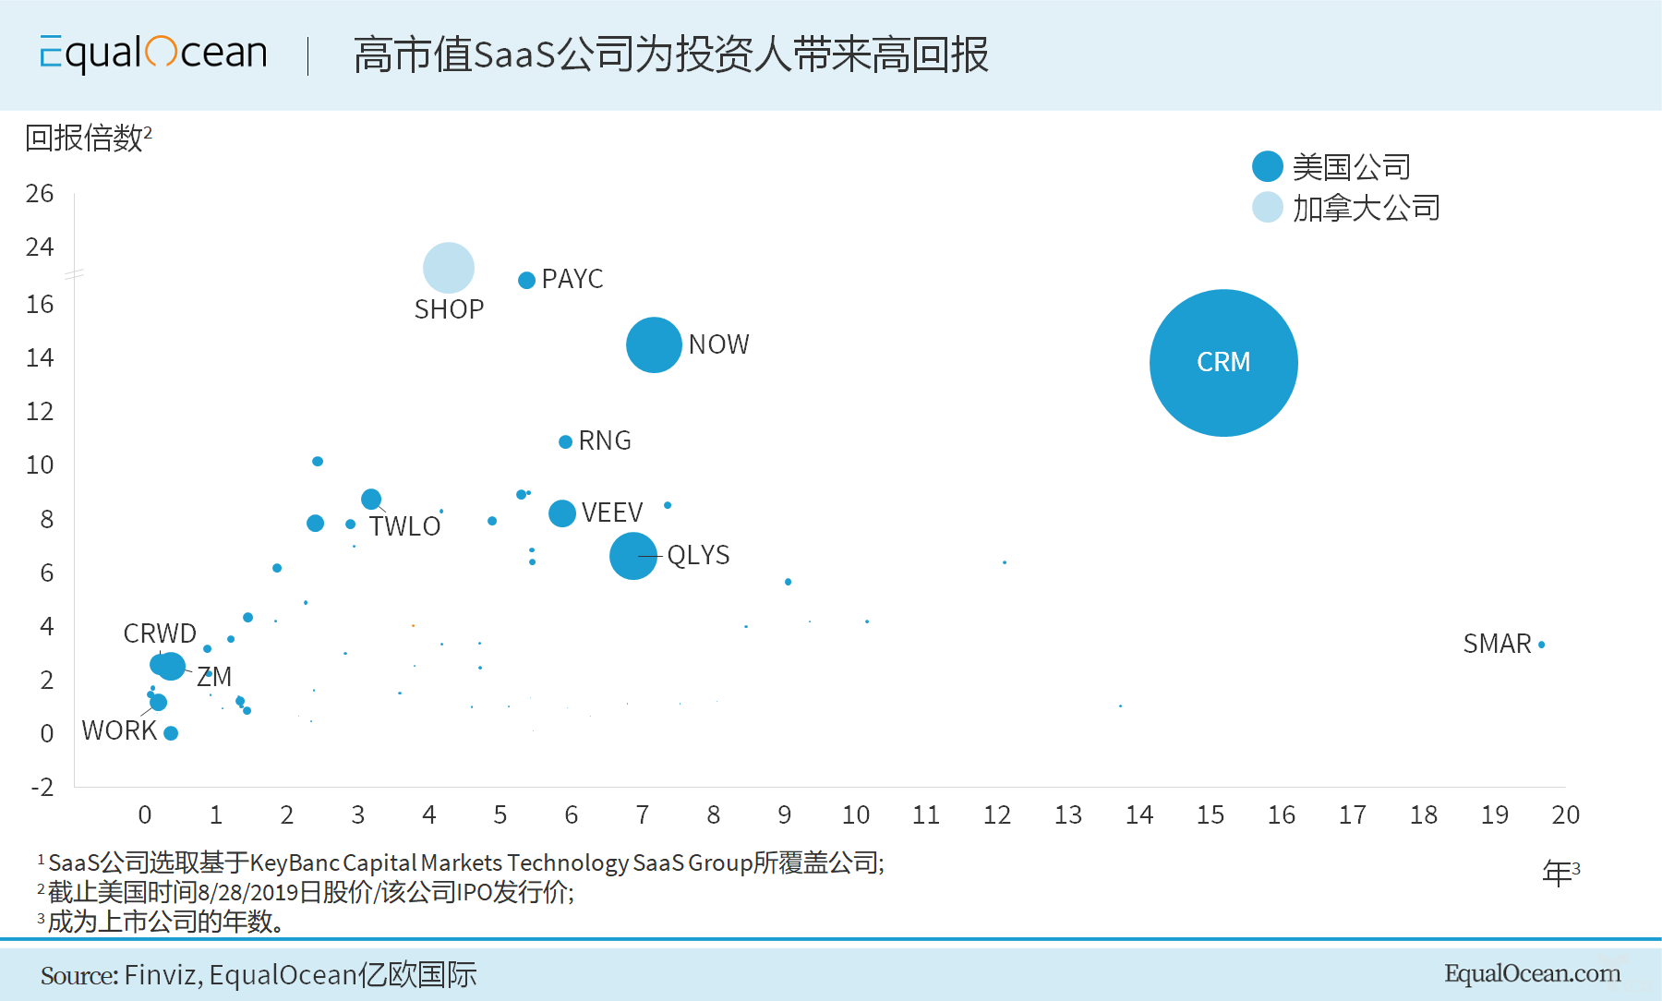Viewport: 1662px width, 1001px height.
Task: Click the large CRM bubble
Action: pos(1223,363)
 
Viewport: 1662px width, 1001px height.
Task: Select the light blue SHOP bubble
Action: pos(449,268)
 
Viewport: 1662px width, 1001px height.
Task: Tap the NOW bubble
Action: pos(654,344)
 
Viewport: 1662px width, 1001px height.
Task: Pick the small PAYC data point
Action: pos(526,280)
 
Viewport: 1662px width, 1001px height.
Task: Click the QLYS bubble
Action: pos(633,556)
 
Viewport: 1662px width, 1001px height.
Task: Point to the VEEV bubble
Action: pos(562,513)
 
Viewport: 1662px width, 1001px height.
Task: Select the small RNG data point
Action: pos(565,441)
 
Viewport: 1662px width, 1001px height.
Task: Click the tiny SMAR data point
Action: pos(1541,645)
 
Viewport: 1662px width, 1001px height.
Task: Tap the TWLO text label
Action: pos(404,526)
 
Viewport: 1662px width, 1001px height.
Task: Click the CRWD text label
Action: pos(160,633)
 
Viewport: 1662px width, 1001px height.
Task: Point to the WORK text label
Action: pos(119,730)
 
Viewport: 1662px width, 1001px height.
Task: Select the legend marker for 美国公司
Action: pos(1268,166)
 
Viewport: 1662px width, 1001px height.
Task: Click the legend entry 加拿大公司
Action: pos(1366,208)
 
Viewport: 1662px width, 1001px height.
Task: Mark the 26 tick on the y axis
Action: pos(40,194)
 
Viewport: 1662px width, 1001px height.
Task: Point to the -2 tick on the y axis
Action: pos(42,788)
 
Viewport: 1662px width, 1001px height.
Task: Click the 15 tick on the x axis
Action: pos(1210,814)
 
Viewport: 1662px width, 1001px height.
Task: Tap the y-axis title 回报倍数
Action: pos(85,139)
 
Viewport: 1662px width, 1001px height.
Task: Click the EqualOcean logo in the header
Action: pos(153,54)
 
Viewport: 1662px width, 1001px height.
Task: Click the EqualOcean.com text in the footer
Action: pos(1532,973)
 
